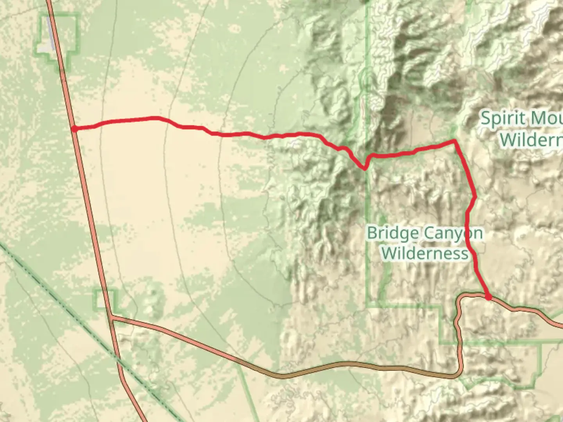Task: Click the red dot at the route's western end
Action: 74,129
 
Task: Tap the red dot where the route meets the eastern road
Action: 488,297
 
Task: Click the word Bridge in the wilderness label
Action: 393,233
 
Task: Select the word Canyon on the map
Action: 453,234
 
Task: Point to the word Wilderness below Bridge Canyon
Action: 425,253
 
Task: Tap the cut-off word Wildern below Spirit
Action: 531,139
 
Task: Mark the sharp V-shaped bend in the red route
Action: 364,169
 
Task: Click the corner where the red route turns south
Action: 454,140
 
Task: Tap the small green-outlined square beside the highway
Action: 105,299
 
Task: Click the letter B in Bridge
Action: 372,233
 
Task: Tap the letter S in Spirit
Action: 485,118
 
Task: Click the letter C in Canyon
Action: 429,234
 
